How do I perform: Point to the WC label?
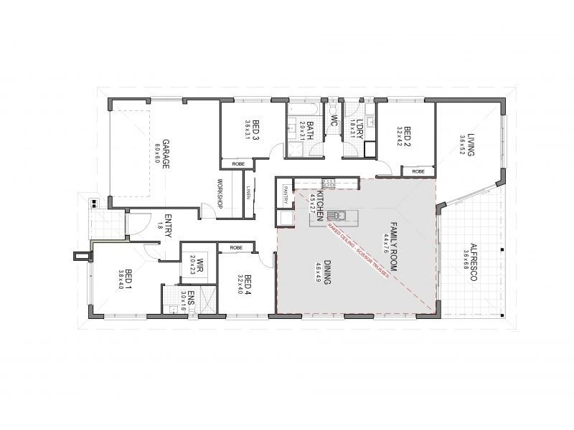coord(334,123)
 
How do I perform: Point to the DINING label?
coord(327,272)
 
